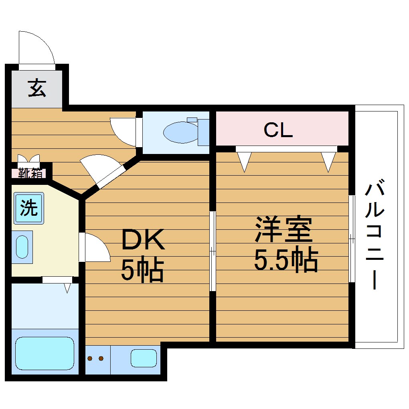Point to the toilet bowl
tap(180, 132)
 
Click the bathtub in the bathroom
tap(45, 353)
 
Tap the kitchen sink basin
tap(143, 358)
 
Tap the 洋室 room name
tap(283, 229)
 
